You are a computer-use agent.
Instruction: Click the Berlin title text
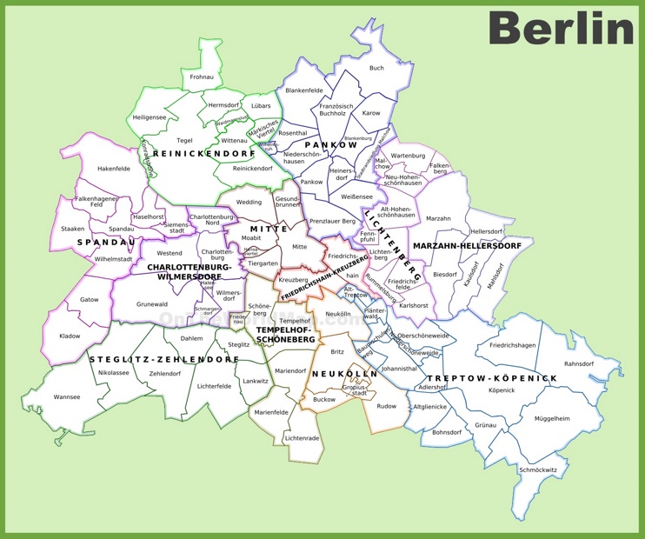(x=561, y=29)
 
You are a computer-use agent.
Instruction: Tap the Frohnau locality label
(x=202, y=77)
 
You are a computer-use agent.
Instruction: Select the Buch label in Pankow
(x=376, y=68)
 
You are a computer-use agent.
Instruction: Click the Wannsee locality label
(x=67, y=397)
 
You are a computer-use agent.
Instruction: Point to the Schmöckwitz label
(x=538, y=469)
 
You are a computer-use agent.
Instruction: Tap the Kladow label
(x=70, y=336)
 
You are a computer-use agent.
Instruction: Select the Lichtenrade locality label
(x=302, y=438)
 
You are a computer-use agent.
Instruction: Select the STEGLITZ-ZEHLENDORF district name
(x=163, y=358)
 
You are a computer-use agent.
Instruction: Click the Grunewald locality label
(x=151, y=304)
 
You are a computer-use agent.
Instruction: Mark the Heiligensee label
(x=150, y=116)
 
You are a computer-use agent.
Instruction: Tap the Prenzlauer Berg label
(x=333, y=222)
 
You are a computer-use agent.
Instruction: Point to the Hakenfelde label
(x=113, y=169)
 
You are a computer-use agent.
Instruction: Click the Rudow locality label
(x=386, y=405)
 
